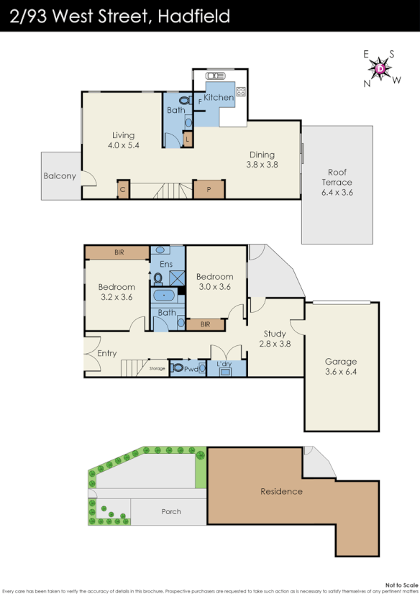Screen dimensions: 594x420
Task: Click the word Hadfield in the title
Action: tap(191, 16)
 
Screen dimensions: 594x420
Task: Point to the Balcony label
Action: tap(60, 175)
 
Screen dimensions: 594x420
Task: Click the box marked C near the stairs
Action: tap(123, 190)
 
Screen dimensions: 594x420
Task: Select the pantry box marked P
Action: tap(209, 190)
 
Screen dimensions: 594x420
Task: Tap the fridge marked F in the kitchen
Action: tap(199, 102)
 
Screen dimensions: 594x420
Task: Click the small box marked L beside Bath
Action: tap(188, 139)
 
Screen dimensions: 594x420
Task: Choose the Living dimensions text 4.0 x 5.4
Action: tap(123, 145)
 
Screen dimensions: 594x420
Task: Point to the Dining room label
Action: tap(262, 154)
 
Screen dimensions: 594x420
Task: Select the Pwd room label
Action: tap(191, 368)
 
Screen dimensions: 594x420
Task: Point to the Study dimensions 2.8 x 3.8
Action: tap(275, 344)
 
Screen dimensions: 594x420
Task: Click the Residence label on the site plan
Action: tap(282, 492)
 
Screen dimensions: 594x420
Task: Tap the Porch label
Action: tap(170, 512)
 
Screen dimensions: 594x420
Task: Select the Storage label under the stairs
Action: tap(157, 368)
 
